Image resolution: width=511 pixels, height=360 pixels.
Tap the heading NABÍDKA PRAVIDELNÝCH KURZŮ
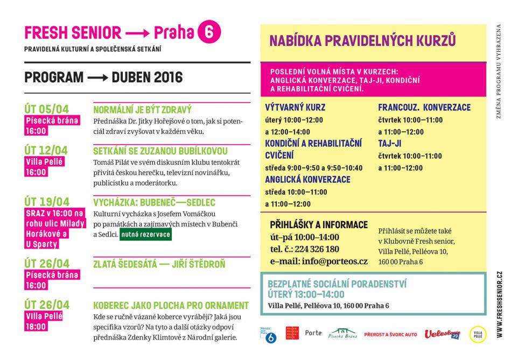point(362,41)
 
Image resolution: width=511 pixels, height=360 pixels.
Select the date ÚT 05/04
point(47,109)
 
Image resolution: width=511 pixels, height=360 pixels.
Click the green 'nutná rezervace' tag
point(145,235)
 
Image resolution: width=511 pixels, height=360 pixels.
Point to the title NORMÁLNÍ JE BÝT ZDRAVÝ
point(143,109)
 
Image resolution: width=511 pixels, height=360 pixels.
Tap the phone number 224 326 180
point(312,249)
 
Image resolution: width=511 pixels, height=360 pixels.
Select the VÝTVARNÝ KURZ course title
point(295,107)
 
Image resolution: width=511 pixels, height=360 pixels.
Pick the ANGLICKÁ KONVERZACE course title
point(307,180)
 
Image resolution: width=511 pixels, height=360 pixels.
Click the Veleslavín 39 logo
point(442,335)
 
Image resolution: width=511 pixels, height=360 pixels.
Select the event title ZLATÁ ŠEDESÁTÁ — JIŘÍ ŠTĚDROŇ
point(159,264)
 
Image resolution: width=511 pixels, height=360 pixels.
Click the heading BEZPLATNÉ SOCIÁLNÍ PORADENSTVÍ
point(337,284)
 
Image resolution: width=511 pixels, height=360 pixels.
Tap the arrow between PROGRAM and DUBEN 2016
point(97,77)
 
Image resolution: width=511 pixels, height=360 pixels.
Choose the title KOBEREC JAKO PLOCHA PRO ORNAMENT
point(171,305)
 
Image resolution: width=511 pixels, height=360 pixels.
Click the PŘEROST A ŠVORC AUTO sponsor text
point(390,335)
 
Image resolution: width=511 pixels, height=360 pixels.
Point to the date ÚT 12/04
point(47,150)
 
